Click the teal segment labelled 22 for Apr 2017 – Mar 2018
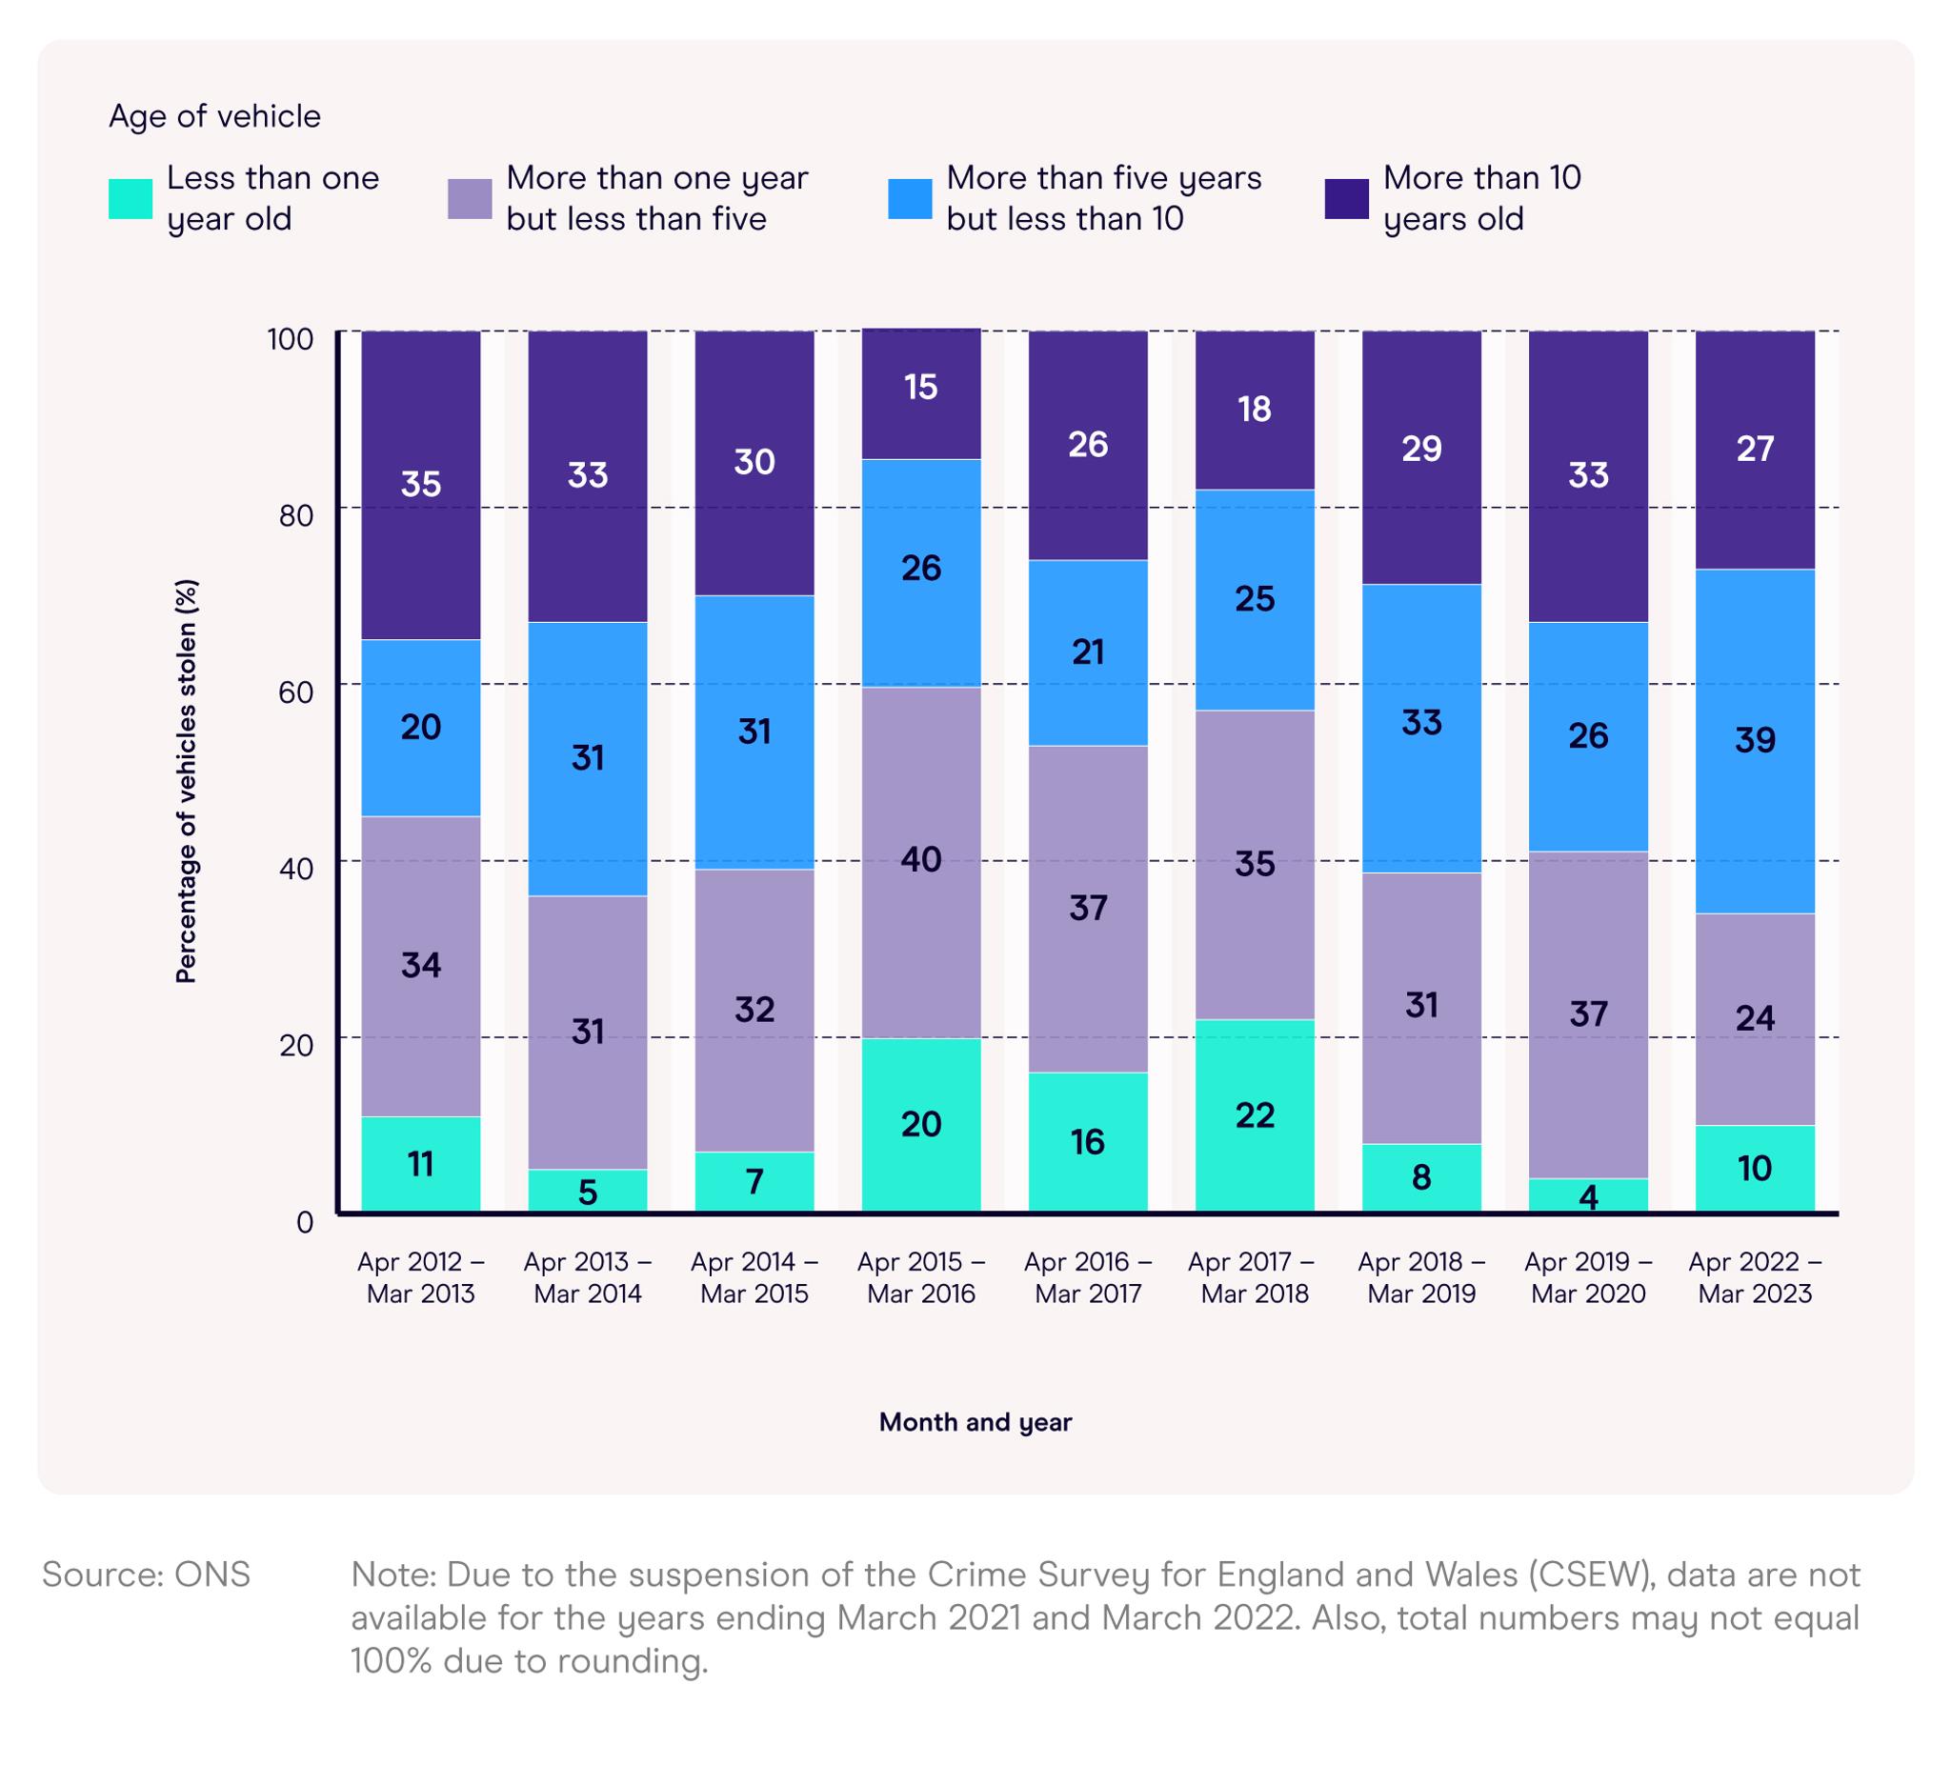tap(1255, 1114)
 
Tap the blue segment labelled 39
tap(1755, 741)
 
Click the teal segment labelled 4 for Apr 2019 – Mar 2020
tap(1587, 1195)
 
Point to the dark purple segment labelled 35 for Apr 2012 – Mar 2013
tap(420, 484)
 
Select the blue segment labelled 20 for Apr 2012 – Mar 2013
tap(420, 728)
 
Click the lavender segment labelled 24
tap(1755, 1018)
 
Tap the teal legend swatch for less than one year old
tap(131, 198)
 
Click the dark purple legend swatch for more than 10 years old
tap(1346, 198)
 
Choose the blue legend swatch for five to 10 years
tap(910, 198)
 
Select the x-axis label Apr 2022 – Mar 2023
tap(1755, 1277)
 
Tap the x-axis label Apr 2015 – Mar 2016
tap(920, 1277)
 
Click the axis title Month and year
tap(975, 1421)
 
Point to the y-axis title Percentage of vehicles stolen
tap(186, 781)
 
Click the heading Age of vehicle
tap(214, 116)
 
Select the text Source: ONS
tap(146, 1574)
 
